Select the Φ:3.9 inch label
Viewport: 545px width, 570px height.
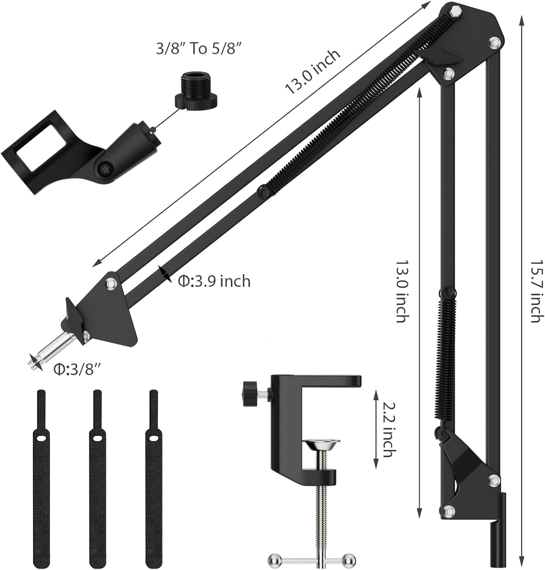tap(214, 281)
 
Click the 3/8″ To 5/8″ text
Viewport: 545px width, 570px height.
tap(199, 49)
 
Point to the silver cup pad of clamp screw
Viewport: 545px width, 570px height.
tap(321, 445)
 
